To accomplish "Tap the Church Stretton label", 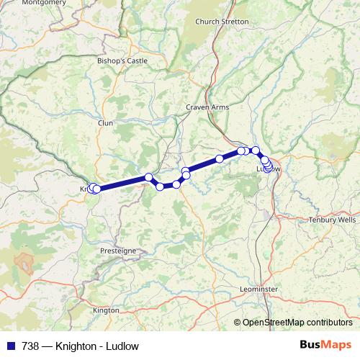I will click(x=222, y=22).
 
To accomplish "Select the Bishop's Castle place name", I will click(x=122, y=61).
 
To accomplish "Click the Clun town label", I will click(x=106, y=123).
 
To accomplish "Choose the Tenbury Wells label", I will click(x=332, y=220).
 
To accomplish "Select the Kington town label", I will click(x=106, y=310).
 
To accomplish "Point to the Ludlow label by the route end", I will click(x=269, y=169).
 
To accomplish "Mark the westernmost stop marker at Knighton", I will click(x=91, y=189).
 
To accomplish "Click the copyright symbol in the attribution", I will click(x=238, y=322).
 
